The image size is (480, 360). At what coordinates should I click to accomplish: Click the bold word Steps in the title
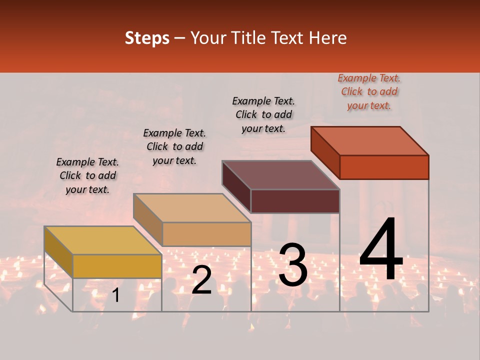[147, 38]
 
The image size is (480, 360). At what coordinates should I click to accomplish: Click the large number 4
[381, 250]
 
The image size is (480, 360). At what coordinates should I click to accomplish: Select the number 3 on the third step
[293, 264]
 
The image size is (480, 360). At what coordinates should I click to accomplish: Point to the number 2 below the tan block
[201, 279]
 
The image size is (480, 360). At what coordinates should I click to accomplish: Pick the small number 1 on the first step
[116, 295]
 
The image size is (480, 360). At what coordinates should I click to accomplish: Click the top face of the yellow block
[103, 240]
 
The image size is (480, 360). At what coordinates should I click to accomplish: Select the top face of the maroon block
[280, 175]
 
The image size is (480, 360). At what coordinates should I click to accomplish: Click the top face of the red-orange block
[369, 141]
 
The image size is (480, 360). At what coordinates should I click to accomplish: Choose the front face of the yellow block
[117, 266]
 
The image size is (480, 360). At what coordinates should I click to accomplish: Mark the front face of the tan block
[206, 234]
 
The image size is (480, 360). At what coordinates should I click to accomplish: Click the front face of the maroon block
[295, 201]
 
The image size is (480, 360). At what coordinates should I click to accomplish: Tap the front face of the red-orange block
[384, 167]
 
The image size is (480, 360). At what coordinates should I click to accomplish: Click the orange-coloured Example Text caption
[369, 92]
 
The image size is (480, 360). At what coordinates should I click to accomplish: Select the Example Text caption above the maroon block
[263, 114]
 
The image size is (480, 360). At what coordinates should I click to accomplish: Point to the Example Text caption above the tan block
[174, 146]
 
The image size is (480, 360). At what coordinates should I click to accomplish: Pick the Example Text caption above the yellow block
[87, 175]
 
